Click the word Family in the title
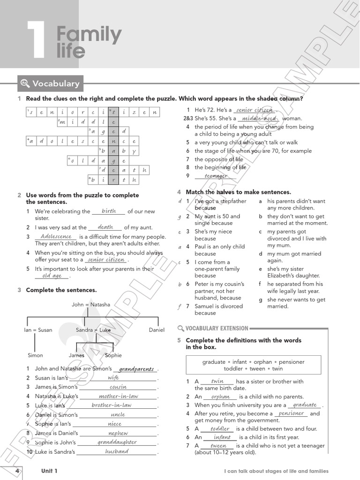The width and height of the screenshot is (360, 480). coord(89,35)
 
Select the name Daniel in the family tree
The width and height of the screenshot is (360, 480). coord(157,330)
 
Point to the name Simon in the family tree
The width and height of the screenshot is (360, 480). coord(35,355)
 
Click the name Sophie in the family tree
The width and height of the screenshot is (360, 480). coord(113,355)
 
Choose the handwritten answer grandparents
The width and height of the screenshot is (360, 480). coord(136,369)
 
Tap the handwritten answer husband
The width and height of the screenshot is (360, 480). coord(117,451)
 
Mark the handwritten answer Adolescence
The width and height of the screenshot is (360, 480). coord(56,236)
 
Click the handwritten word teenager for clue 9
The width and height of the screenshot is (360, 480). coord(216,176)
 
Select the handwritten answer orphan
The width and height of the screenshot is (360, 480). coord(220,397)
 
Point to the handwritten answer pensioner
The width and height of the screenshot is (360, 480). coord(291,413)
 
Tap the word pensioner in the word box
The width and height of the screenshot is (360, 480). coord(292,362)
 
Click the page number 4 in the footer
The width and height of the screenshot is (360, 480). coord(17,471)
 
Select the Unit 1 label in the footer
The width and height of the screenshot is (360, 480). coord(49,471)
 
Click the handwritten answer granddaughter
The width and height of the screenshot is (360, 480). coord(117,442)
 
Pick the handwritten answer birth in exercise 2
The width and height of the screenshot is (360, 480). coord(109,211)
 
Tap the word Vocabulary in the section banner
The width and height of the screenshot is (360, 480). coord(56,84)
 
